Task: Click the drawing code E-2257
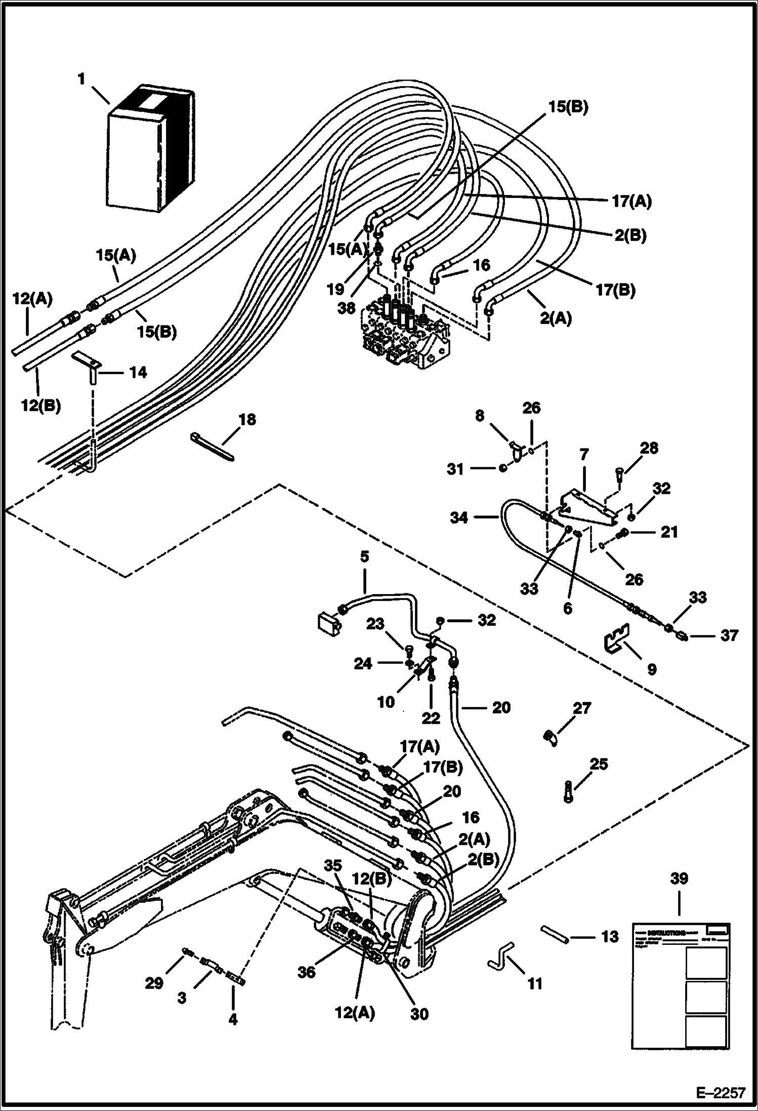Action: click(721, 1093)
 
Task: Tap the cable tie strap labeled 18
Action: click(213, 446)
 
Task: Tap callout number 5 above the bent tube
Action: click(364, 557)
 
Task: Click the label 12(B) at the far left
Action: click(41, 405)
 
